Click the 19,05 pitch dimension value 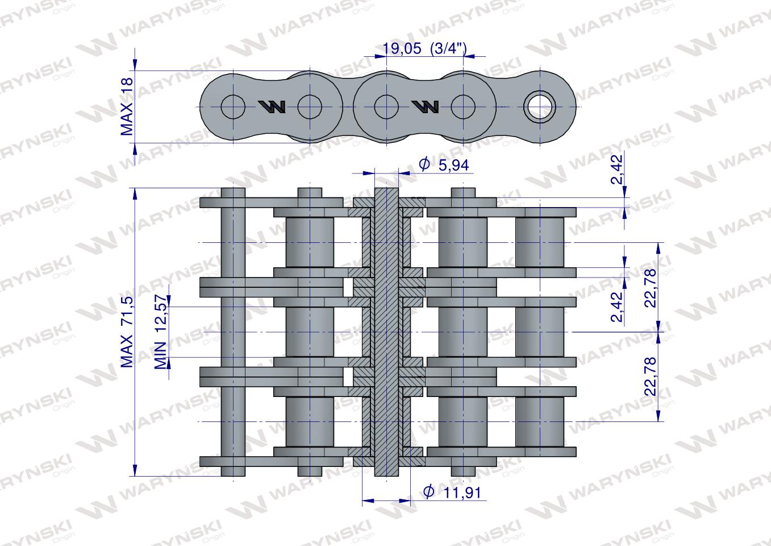point(402,48)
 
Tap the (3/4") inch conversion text point(448,49)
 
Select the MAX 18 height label point(127,106)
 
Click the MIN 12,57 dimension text point(160,332)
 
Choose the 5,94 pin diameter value point(453,166)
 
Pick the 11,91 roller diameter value point(462,493)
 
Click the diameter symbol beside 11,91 point(428,491)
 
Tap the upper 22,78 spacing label point(650,288)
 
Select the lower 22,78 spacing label point(650,377)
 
